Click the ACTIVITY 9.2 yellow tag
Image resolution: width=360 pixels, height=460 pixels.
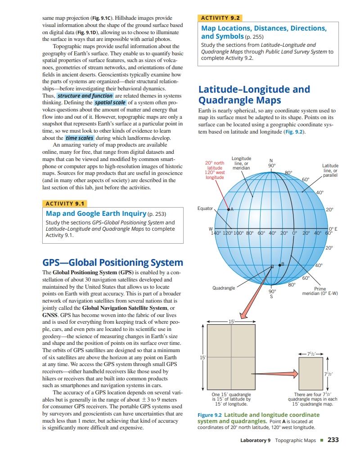click(x=220, y=18)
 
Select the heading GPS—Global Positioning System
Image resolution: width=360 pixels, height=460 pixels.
click(x=112, y=263)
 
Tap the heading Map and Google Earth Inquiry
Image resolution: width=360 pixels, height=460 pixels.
click(x=96, y=213)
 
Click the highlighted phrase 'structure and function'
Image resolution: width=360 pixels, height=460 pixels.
click(x=85, y=96)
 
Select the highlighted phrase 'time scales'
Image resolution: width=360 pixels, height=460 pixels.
click(x=80, y=138)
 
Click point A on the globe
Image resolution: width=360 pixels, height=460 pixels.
click(x=228, y=210)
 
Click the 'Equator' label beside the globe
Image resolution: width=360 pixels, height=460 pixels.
click(x=205, y=208)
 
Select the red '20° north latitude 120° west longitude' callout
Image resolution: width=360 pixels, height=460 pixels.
click(x=215, y=170)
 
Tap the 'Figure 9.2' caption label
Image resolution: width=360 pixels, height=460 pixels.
click(x=210, y=415)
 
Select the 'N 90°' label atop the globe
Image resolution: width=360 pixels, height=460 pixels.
click(x=270, y=162)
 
